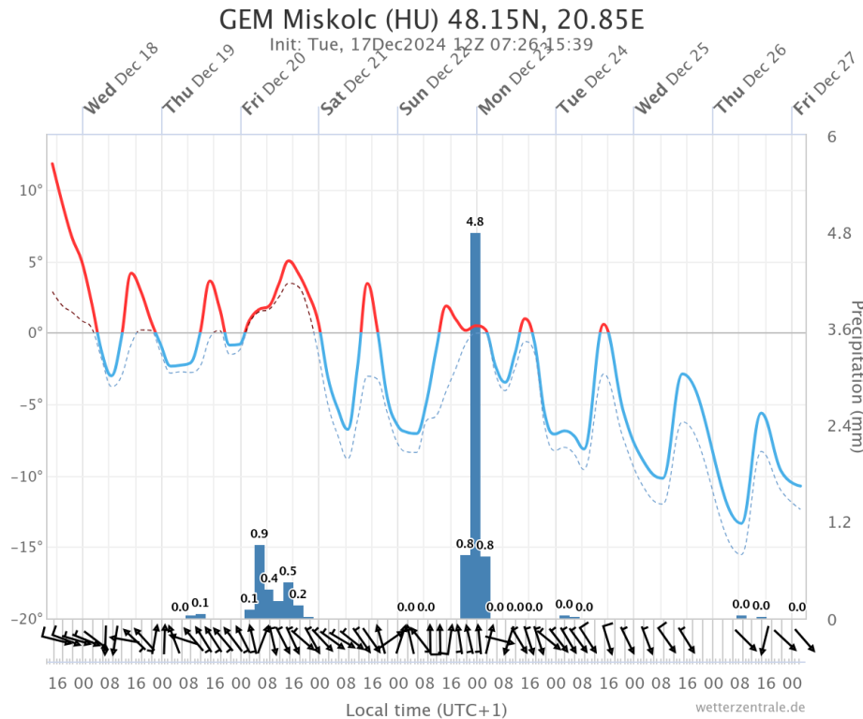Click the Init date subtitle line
click(430, 44)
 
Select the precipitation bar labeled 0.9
click(260, 580)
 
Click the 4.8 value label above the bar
click(475, 222)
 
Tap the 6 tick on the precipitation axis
click(831, 137)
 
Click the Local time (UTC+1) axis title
click(426, 711)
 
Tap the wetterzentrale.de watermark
click(750, 708)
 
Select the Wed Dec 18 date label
click(121, 80)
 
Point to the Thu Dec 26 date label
click(750, 81)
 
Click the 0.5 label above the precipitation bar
click(288, 571)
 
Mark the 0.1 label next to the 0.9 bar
click(249, 598)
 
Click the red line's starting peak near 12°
click(52, 164)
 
